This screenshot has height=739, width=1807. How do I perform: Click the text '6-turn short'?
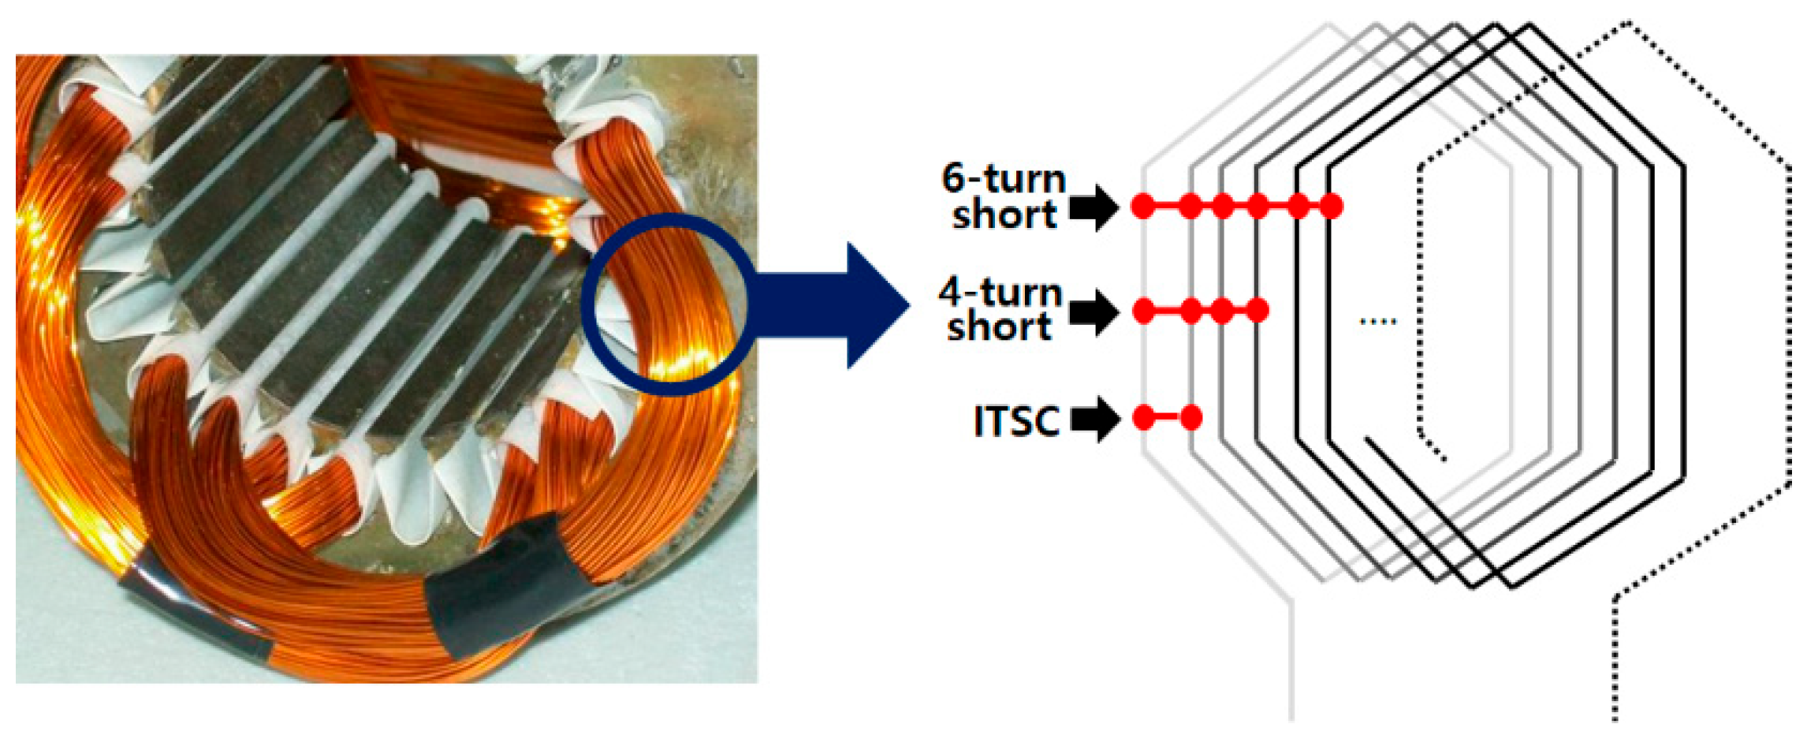[x=1004, y=197]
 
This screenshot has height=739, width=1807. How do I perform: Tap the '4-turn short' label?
[x=1000, y=310]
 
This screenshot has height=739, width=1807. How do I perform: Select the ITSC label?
[x=1016, y=420]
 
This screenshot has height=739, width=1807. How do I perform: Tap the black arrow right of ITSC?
[x=1096, y=419]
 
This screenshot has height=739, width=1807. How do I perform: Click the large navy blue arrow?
[x=836, y=304]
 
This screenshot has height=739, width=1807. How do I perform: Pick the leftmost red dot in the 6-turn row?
[x=1142, y=207]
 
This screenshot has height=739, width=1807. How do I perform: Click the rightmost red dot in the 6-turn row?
[x=1331, y=207]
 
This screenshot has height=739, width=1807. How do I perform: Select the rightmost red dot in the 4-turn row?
[x=1258, y=311]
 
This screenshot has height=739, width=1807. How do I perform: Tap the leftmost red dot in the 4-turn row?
[x=1143, y=311]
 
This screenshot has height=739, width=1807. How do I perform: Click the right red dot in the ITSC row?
[x=1191, y=417]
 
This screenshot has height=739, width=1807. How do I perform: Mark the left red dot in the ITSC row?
[x=1143, y=417]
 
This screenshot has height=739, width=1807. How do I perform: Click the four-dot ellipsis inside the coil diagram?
[x=1378, y=322]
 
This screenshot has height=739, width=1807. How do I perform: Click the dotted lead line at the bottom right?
[x=1615, y=662]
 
